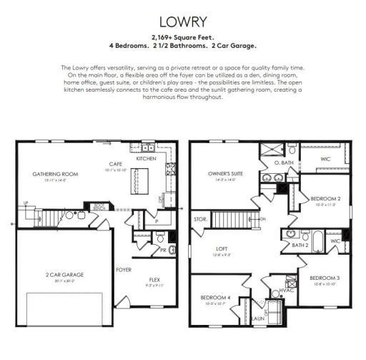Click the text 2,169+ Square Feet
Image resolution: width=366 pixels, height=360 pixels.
(183, 35)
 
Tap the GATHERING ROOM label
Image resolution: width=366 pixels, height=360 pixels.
(54, 174)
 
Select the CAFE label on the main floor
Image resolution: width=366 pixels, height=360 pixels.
(114, 166)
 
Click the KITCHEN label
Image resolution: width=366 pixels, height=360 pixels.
(146, 158)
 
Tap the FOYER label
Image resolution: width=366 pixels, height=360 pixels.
(124, 270)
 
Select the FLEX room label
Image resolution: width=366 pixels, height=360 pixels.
(154, 280)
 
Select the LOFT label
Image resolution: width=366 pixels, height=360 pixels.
(223, 250)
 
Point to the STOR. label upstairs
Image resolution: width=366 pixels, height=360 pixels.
(200, 218)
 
